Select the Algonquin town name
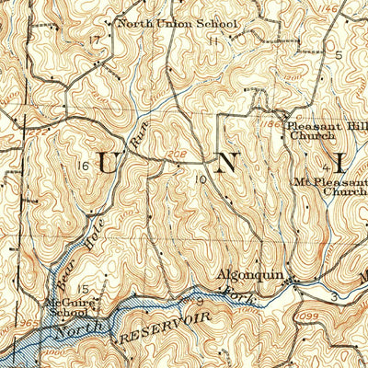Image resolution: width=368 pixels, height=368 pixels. [247, 273]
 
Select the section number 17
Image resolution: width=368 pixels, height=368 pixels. [94, 40]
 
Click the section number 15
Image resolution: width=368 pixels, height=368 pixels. [83, 289]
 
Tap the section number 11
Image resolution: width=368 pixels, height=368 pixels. [214, 41]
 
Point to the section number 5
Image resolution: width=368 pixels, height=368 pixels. [338, 55]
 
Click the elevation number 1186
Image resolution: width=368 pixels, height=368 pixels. [270, 121]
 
